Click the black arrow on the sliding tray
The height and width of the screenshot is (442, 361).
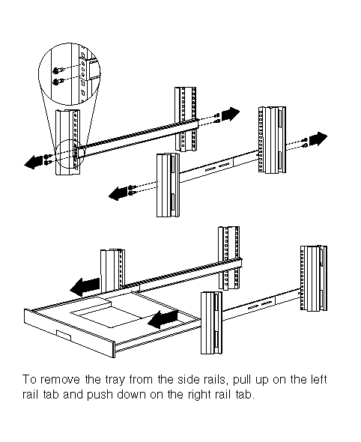point(163,319)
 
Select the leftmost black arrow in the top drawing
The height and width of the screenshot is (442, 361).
point(34,162)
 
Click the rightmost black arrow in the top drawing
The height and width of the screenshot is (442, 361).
point(318,139)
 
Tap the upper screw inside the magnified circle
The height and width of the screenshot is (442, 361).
point(57,70)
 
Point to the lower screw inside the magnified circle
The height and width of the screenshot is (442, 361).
point(57,82)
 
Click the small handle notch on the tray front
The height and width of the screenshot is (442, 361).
point(64,335)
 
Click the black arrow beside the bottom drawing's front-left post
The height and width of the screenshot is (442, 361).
point(85,287)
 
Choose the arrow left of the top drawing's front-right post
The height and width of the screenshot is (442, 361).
point(118,194)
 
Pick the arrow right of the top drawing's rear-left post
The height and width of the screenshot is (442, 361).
point(231,114)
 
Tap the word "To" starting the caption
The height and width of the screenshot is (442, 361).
point(29,380)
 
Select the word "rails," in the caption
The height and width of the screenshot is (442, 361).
point(216,381)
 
